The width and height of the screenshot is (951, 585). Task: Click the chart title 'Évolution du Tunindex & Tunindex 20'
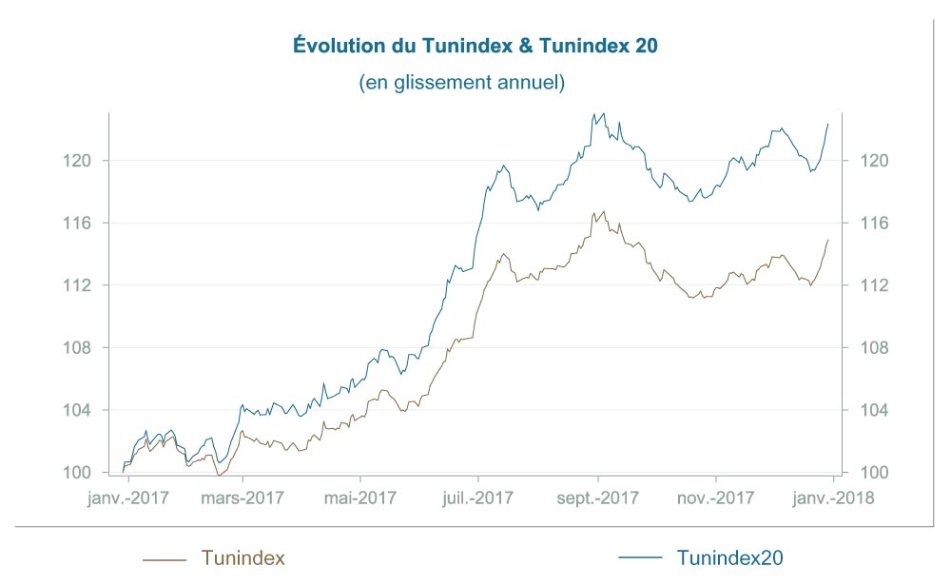[x=474, y=46]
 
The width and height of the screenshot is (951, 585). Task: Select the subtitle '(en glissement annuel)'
[x=462, y=83]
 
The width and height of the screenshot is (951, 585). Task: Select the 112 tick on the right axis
[x=876, y=285]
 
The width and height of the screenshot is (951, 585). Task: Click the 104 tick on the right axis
[x=876, y=410]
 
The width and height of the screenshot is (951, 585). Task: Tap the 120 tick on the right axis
[x=876, y=161]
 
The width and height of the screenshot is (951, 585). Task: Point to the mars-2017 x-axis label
[x=243, y=497]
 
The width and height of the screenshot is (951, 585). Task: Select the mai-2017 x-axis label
[x=360, y=497]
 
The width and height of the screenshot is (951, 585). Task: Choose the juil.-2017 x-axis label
[x=479, y=497]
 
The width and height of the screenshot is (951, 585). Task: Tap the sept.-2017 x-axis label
[x=598, y=497]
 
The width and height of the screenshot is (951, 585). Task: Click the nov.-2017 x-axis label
[x=717, y=497]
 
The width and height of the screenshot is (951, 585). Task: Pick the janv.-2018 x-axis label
[x=834, y=497]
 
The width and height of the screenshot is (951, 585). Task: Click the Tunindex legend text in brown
[x=243, y=558]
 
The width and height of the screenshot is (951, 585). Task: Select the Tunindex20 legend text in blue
[x=731, y=558]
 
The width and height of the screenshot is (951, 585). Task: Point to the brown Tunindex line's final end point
[x=828, y=239]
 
